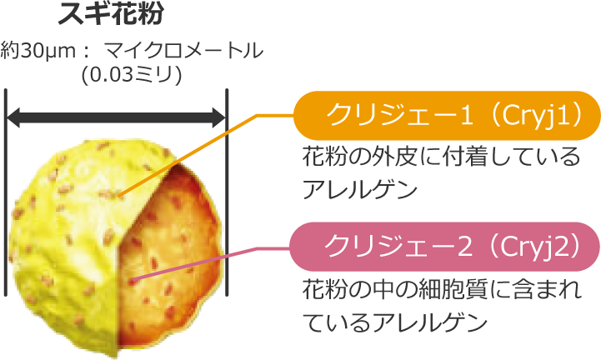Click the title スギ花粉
[117, 14]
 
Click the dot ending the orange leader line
[122, 197]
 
